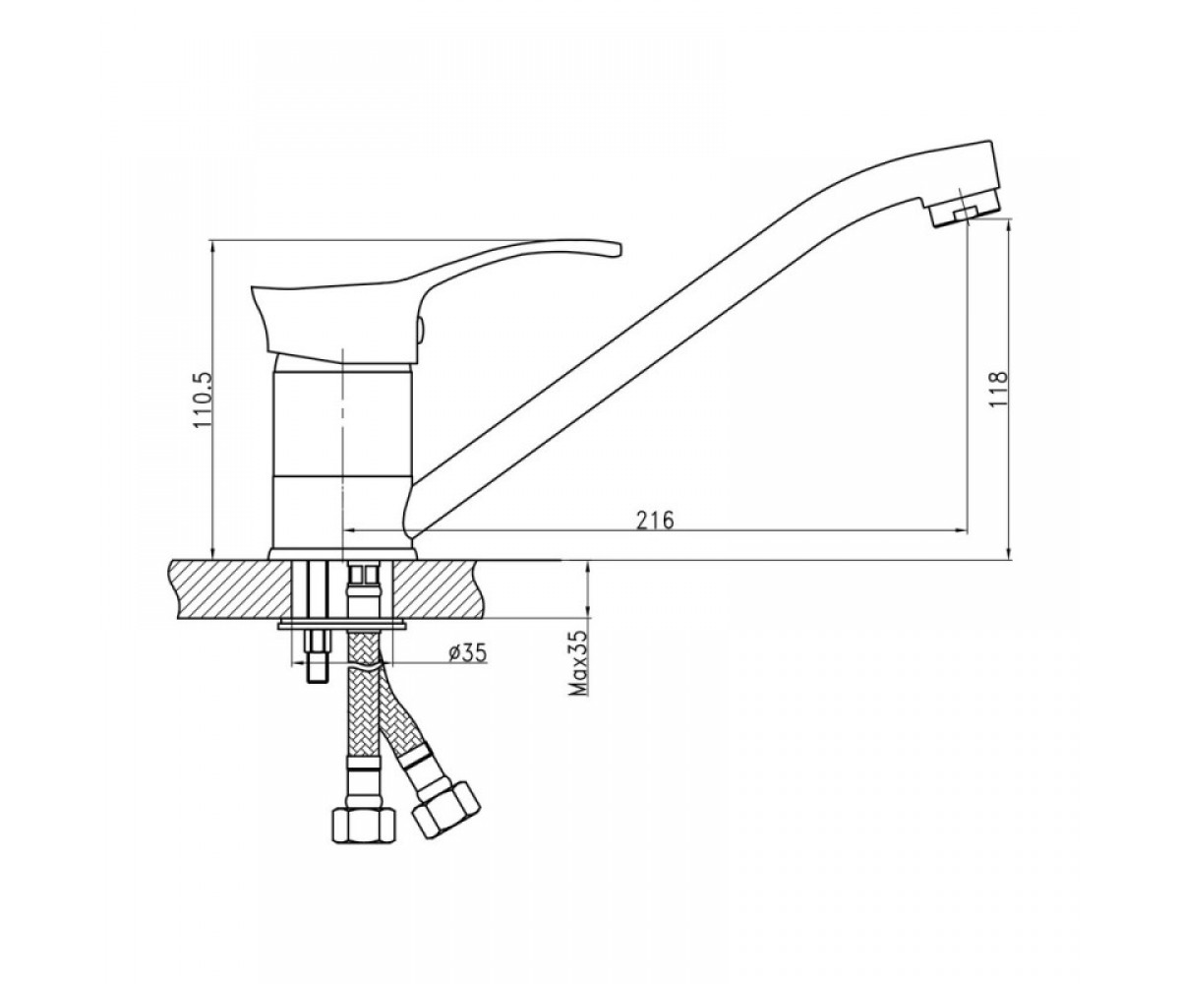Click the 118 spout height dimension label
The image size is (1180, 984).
coord(999,388)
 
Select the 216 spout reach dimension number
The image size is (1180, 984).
coord(656,520)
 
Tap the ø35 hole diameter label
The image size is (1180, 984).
coord(468,653)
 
